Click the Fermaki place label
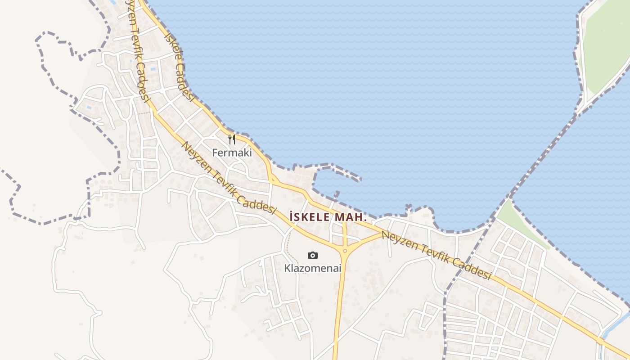[231, 153]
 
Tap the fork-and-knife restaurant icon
[231, 139]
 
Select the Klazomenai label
[312, 269]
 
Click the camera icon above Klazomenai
[312, 256]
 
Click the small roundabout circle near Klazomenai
[345, 251]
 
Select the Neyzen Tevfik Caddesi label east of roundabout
[436, 255]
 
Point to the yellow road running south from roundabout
[339, 306]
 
